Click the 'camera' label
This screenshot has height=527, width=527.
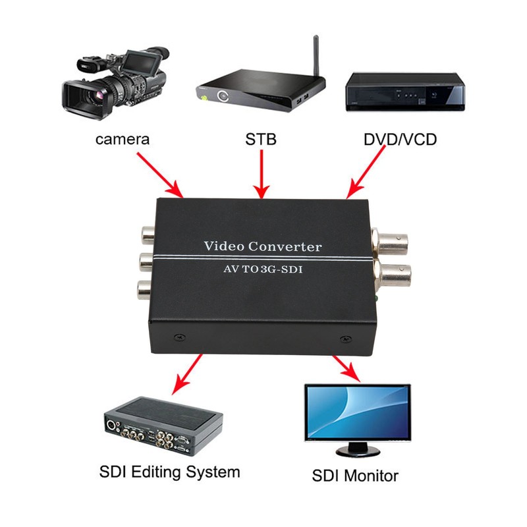click(x=123, y=139)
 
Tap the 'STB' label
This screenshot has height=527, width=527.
click(x=261, y=139)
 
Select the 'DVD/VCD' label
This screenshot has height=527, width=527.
click(x=400, y=139)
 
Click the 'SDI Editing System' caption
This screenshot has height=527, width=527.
click(x=169, y=472)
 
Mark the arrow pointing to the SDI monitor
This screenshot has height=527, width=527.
click(x=348, y=369)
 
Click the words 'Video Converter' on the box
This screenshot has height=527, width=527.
click(x=263, y=247)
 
